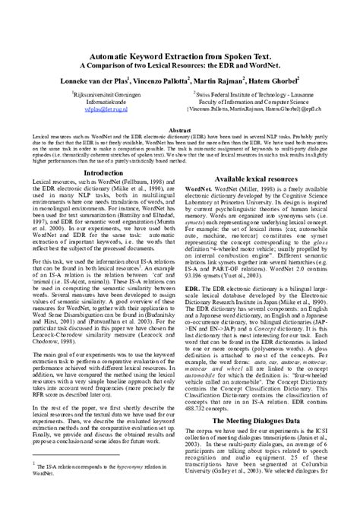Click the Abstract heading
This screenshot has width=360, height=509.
(x=180, y=131)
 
